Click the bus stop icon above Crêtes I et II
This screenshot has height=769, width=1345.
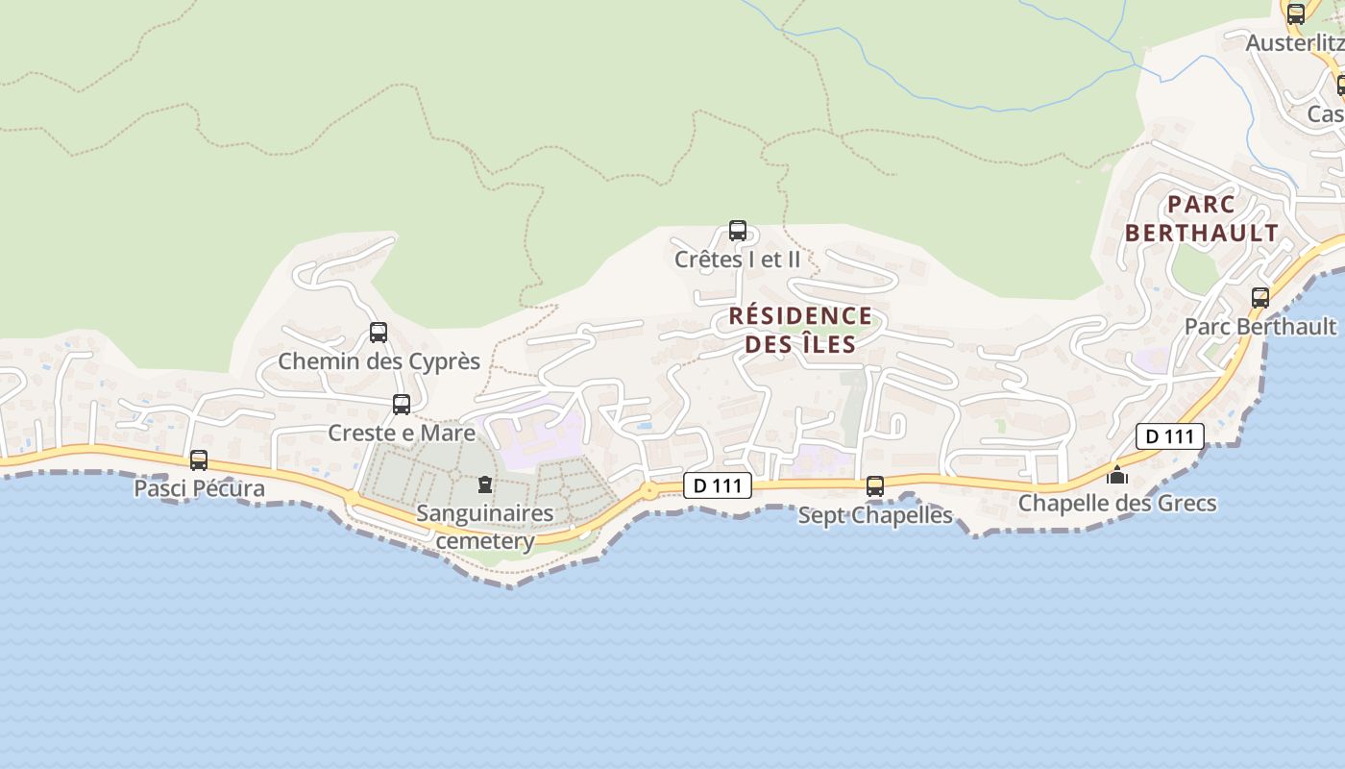click(x=738, y=231)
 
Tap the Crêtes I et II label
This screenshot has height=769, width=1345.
click(x=737, y=259)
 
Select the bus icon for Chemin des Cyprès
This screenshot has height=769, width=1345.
click(x=379, y=333)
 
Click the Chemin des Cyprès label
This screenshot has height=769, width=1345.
click(x=379, y=361)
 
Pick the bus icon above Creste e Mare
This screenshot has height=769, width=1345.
click(x=402, y=405)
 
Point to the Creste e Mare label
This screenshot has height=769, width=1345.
click(x=402, y=433)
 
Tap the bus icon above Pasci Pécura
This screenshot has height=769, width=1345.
click(x=199, y=460)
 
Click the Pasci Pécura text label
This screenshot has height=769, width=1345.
click(x=199, y=488)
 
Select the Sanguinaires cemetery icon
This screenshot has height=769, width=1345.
click(x=485, y=484)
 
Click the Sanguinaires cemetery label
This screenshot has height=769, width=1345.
click(x=485, y=527)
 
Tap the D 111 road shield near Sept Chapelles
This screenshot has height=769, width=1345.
click(x=718, y=485)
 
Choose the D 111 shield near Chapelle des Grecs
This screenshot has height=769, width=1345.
click(x=1169, y=436)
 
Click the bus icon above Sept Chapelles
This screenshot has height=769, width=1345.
click(x=875, y=486)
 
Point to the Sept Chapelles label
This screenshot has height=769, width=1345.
click(x=875, y=515)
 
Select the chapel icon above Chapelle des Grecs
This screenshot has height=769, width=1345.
click(x=1117, y=475)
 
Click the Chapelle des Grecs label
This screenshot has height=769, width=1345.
click(x=1117, y=503)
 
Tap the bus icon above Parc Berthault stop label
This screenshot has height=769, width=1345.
click(x=1260, y=298)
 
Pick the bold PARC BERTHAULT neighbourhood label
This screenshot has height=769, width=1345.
click(x=1202, y=218)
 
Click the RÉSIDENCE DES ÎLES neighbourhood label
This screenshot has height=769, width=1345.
click(x=800, y=330)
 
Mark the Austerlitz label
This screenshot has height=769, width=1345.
click(x=1294, y=43)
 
